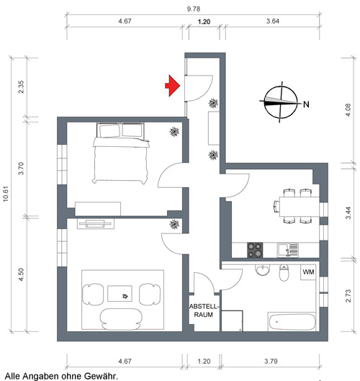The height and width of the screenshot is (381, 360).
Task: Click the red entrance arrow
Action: pos(173,86)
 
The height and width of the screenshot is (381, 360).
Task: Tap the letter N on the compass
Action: pos(306,104)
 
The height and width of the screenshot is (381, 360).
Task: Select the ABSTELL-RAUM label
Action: pos(204,310)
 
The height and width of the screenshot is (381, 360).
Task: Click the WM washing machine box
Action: pos(308,272)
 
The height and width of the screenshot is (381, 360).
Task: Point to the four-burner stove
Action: pos(255,250)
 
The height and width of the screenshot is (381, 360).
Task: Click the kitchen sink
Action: pos(287,250)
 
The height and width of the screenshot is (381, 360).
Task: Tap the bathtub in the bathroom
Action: pos(292,322)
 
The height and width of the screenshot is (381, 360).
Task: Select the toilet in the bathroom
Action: pos(284,273)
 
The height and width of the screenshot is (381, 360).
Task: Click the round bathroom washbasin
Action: pos(262,269)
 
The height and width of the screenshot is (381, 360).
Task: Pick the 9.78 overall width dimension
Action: pos(194,9)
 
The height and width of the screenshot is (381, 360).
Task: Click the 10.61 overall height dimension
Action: pos(6,194)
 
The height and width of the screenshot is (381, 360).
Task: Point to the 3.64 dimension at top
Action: pos(273,21)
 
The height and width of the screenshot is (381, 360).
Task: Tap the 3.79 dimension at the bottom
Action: pos(271,362)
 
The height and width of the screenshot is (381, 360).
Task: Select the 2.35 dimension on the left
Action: pos(22,86)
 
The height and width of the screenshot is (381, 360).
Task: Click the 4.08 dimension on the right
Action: pos(348,110)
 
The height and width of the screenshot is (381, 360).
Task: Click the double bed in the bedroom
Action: pos(121,153)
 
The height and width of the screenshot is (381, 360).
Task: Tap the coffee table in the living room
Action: pos(120,294)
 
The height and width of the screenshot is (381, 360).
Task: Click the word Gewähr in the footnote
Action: pos(101,376)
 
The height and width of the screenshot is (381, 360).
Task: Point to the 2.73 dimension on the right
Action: pos(348,296)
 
